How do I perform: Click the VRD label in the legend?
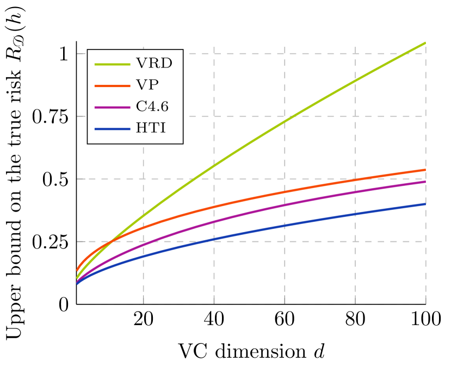click(154, 64)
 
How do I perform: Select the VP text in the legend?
click(147, 85)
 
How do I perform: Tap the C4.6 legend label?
click(152, 107)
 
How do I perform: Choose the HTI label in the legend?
click(151, 129)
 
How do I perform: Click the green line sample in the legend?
click(113, 64)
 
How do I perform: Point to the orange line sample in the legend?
click(113, 86)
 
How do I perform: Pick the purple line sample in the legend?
click(113, 108)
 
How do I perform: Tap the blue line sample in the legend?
click(113, 129)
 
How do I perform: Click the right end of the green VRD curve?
click(425, 42)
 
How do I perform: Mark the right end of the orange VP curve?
click(425, 170)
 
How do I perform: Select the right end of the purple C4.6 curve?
click(425, 182)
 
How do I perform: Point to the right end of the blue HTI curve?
click(425, 204)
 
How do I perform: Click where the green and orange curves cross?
click(111, 241)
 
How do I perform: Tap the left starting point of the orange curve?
click(77, 270)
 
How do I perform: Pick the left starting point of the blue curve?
click(77, 283)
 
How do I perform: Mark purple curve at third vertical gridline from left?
click(285, 205)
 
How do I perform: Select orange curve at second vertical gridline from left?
click(214, 207)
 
